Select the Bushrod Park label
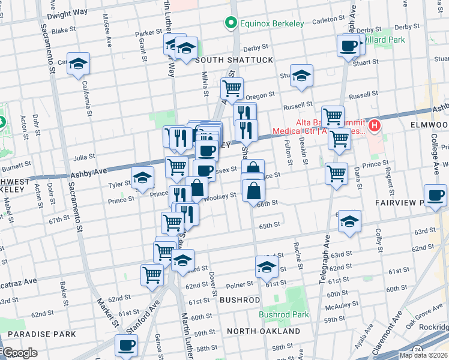coord(284,314)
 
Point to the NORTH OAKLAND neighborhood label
coord(264,331)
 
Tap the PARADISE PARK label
coord(42,334)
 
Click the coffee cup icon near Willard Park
coord(349,45)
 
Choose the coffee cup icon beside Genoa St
coord(127,345)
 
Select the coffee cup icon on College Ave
coord(435,194)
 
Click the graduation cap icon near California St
coord(78,64)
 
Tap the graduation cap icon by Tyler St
coord(143,178)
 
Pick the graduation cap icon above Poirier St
coord(266,266)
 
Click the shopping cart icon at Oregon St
coord(232,89)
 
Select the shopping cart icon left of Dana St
coord(336,173)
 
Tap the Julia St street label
coord(84,157)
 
